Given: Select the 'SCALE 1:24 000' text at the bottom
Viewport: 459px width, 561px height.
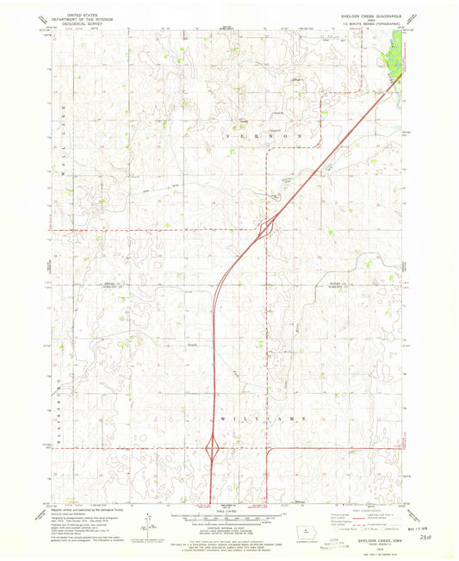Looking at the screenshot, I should (x=227, y=514).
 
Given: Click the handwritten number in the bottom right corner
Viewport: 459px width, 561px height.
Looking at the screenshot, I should (x=419, y=535).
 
